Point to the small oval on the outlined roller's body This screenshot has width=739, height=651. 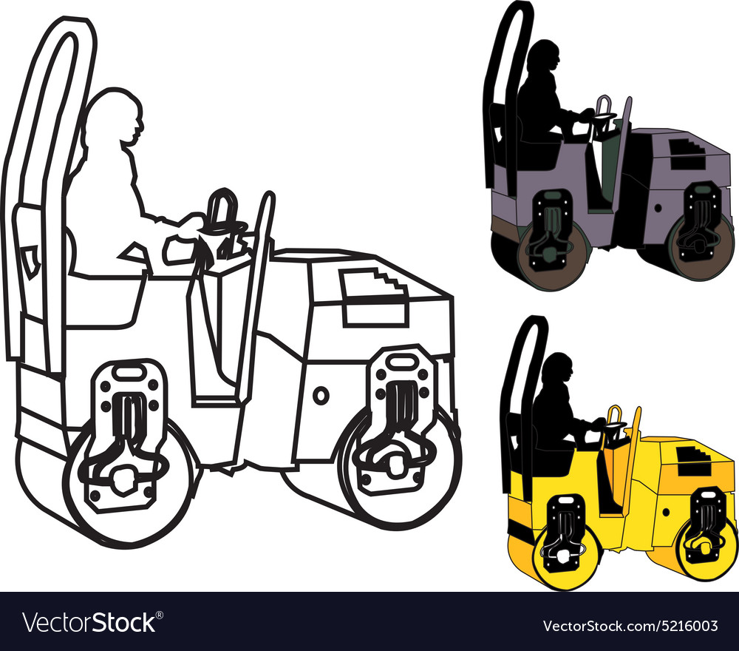[x=321, y=395]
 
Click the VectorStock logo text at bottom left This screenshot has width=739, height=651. [x=89, y=623]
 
